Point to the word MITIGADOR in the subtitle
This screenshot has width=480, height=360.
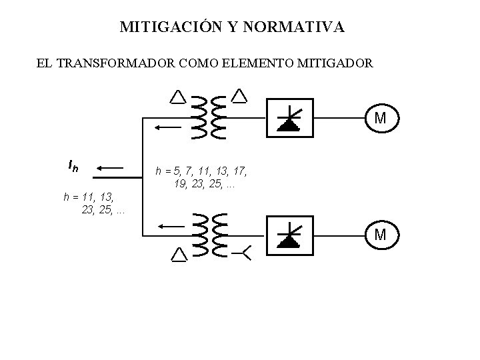click(x=337, y=65)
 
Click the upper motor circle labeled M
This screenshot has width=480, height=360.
click(x=379, y=119)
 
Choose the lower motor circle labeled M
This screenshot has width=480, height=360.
click(x=379, y=235)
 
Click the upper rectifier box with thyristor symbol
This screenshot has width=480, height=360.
click(x=290, y=118)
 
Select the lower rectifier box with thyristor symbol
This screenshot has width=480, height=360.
click(x=290, y=235)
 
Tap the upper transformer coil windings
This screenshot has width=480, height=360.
click(x=208, y=117)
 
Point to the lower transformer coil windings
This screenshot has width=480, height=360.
click(x=208, y=234)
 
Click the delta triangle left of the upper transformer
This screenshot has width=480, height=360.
click(x=177, y=97)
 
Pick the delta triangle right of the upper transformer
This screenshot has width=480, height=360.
click(x=239, y=96)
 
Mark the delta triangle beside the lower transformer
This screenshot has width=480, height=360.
click(x=179, y=255)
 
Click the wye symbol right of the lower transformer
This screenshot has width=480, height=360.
click(x=242, y=254)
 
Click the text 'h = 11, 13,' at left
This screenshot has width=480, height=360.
click(x=89, y=197)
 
